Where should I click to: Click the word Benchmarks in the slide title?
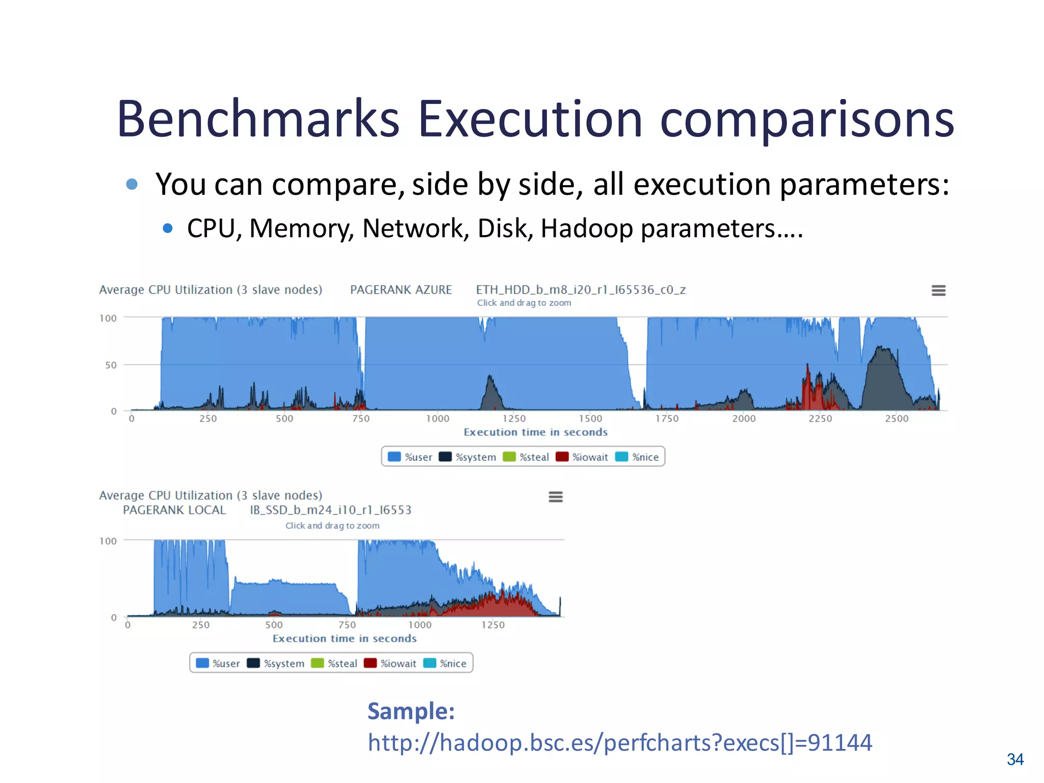[x=258, y=119]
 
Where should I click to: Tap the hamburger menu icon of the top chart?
[x=938, y=291]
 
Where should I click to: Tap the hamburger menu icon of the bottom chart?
[x=556, y=497]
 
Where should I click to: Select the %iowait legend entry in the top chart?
[x=582, y=457]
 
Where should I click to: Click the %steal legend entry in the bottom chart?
[x=334, y=663]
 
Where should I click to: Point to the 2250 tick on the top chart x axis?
[x=820, y=419]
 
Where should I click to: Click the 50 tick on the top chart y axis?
[x=111, y=365]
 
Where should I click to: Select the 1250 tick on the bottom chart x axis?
[x=493, y=625]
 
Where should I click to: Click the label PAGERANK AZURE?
[x=401, y=290]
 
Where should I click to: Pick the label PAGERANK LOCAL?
[x=174, y=510]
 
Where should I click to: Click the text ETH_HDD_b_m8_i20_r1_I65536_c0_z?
[x=581, y=290]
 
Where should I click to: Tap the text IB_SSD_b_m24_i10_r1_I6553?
[x=330, y=510]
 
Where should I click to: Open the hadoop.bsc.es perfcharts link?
[x=619, y=743]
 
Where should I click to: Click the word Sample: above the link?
[x=411, y=711]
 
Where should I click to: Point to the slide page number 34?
[x=1015, y=760]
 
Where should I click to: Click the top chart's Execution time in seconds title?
[x=535, y=432]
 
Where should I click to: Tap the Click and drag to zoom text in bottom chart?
[x=332, y=526]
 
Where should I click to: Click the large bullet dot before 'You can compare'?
[x=132, y=184]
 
